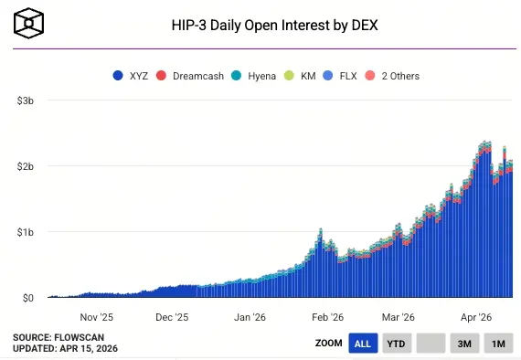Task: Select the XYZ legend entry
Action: tap(132, 76)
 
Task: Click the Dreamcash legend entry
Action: tap(188, 76)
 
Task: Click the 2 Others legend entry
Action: tap(392, 76)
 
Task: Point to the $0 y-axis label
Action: tap(27, 298)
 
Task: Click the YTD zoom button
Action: tap(396, 344)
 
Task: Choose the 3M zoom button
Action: tap(464, 344)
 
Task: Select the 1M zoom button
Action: tap(498, 344)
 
